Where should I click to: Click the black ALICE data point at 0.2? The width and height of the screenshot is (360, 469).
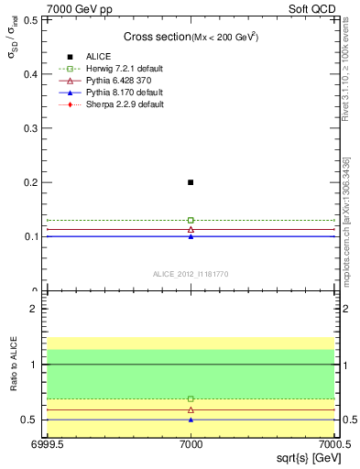coord(191,182)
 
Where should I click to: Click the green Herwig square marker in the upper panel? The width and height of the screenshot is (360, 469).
coord(191,220)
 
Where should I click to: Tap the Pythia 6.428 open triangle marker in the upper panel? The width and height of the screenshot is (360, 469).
coord(191,229)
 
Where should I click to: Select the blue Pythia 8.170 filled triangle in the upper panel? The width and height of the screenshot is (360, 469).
coord(191,236)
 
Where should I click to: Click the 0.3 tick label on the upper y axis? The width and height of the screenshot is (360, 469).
coord(35,128)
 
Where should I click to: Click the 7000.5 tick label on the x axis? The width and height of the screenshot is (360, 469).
coord(333,445)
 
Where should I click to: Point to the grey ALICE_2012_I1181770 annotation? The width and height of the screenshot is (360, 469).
coord(191,273)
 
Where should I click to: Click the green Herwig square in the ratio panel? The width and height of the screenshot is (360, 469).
coord(191,398)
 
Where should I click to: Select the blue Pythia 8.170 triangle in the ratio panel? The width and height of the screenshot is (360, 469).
coord(191,420)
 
